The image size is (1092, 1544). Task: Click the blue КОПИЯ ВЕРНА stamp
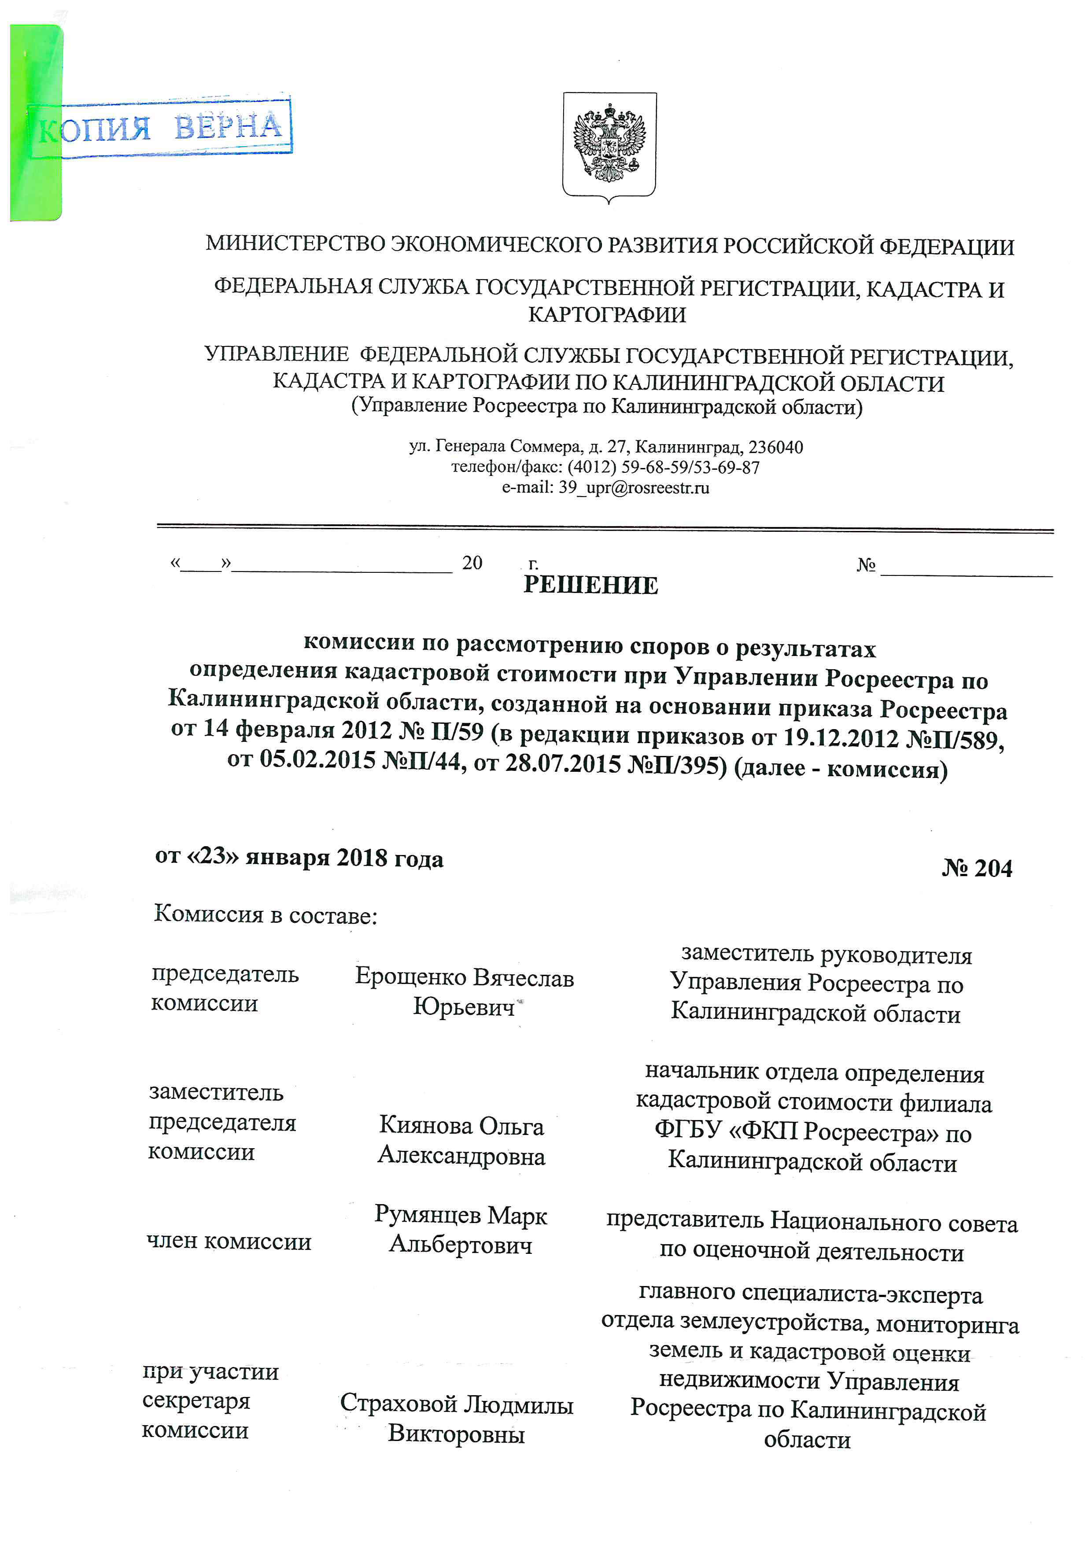[162, 128]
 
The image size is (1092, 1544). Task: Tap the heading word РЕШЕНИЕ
[590, 585]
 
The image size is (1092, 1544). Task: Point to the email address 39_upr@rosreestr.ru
[634, 487]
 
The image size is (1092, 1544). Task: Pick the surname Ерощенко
[410, 977]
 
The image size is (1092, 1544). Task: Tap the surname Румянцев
[428, 1215]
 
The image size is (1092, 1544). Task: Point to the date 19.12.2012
[841, 738]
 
